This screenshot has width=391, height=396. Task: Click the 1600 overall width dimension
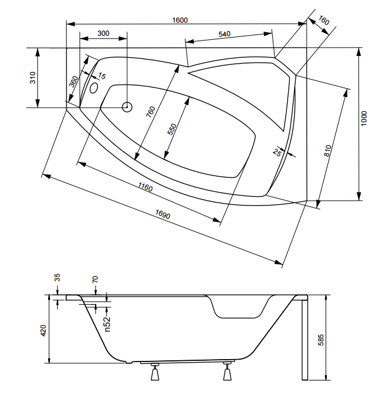pyautogui.click(x=179, y=20)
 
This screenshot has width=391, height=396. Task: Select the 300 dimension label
pyautogui.click(x=103, y=33)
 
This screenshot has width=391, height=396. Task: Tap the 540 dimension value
pyautogui.click(x=225, y=34)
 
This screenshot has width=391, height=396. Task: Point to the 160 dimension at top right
pyautogui.click(x=323, y=20)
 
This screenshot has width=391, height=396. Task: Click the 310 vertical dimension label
pyautogui.click(x=33, y=77)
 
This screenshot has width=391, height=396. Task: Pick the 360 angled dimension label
pyautogui.click(x=74, y=82)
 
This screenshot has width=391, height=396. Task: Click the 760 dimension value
pyautogui.click(x=150, y=112)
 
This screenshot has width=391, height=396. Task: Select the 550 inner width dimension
pyautogui.click(x=172, y=129)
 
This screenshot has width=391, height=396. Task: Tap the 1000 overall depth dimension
pyautogui.click(x=364, y=119)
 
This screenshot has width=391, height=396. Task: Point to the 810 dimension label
pyautogui.click(x=327, y=151)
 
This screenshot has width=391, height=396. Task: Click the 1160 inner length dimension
pyautogui.click(x=145, y=187)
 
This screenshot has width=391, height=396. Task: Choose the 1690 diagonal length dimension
pyautogui.click(x=163, y=214)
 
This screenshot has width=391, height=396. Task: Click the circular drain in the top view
pyautogui.click(x=127, y=107)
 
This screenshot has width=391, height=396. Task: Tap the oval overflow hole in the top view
pyautogui.click(x=94, y=88)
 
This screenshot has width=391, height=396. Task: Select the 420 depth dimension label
pyautogui.click(x=43, y=330)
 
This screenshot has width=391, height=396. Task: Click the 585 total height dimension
pyautogui.click(x=321, y=339)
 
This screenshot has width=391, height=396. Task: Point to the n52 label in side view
pyautogui.click(x=108, y=324)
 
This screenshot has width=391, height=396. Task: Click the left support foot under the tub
pyautogui.click(x=154, y=372)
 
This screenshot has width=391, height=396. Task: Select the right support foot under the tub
pyautogui.click(x=227, y=371)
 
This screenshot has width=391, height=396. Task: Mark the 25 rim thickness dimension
pyautogui.click(x=277, y=152)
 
